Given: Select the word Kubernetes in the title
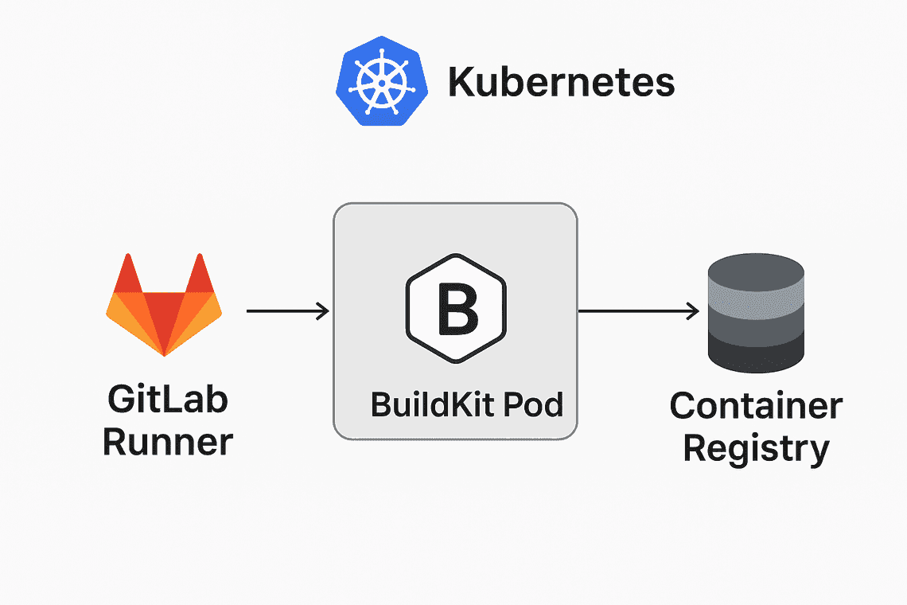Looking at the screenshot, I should point(561,83).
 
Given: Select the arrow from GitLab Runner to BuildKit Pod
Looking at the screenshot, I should point(286,311).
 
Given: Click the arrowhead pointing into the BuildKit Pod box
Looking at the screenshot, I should point(324,311).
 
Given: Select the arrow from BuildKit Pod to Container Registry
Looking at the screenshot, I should point(636,311).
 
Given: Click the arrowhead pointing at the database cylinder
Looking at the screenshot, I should point(694,311).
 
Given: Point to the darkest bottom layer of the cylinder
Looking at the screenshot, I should point(756,354).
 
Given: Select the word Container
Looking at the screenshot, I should point(756,406).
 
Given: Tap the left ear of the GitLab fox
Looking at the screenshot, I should point(130,275).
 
